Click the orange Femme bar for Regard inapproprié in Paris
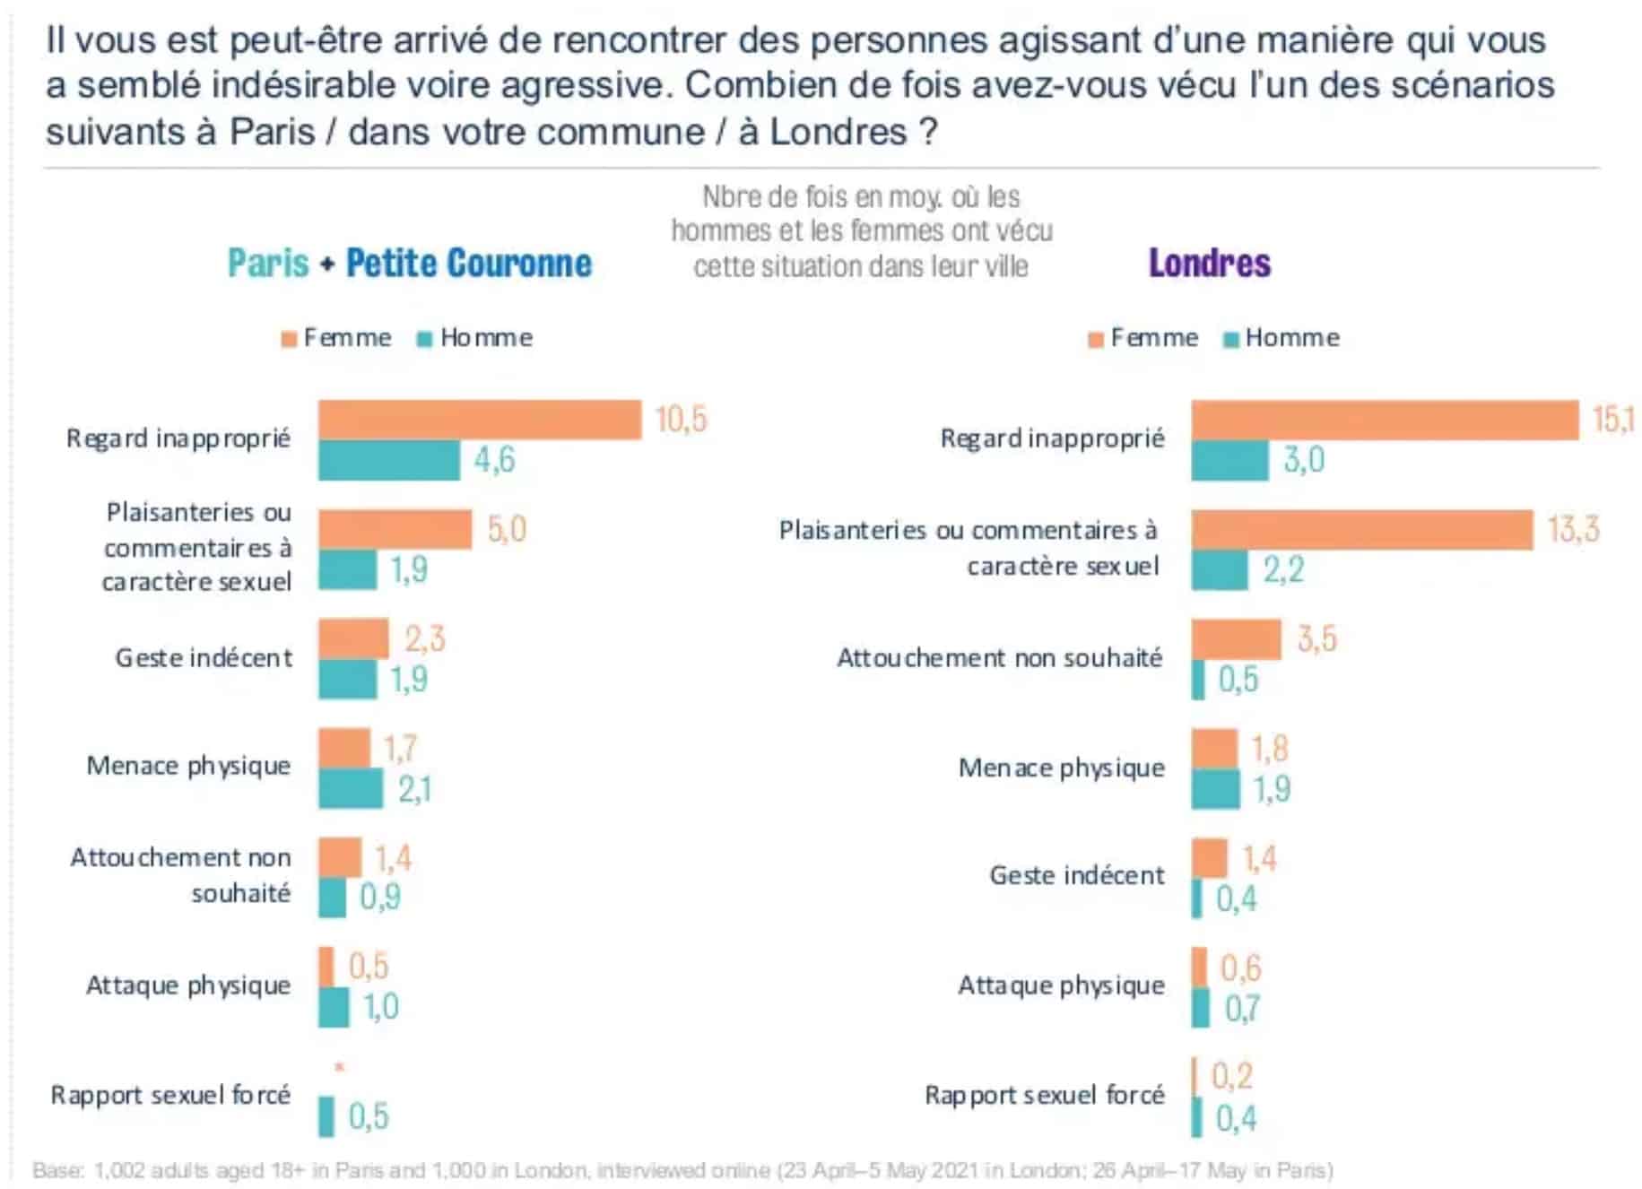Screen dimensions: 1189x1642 (x=480, y=420)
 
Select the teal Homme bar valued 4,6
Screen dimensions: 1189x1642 (x=389, y=460)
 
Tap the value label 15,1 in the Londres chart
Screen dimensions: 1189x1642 (x=1612, y=419)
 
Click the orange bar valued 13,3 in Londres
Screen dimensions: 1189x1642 (x=1361, y=530)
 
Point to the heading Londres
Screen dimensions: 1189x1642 (x=1209, y=264)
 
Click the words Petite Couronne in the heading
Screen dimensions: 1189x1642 (x=469, y=264)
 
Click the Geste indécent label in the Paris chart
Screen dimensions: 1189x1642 (x=204, y=658)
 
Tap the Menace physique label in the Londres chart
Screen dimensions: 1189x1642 (x=1061, y=768)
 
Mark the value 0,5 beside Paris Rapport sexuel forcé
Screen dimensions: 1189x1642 (x=369, y=1116)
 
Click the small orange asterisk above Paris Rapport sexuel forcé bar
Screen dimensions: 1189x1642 (x=339, y=1067)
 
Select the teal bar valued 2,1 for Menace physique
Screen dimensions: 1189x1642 (x=351, y=789)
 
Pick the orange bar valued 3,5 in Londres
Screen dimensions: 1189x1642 (x=1236, y=639)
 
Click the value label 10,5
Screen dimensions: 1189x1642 (x=681, y=420)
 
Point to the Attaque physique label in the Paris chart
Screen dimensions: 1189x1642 (x=188, y=985)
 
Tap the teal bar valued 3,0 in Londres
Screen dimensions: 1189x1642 (x=1229, y=460)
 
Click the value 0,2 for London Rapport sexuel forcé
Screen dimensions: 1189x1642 (x=1231, y=1076)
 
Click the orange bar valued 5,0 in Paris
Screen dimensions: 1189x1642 (x=395, y=530)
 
